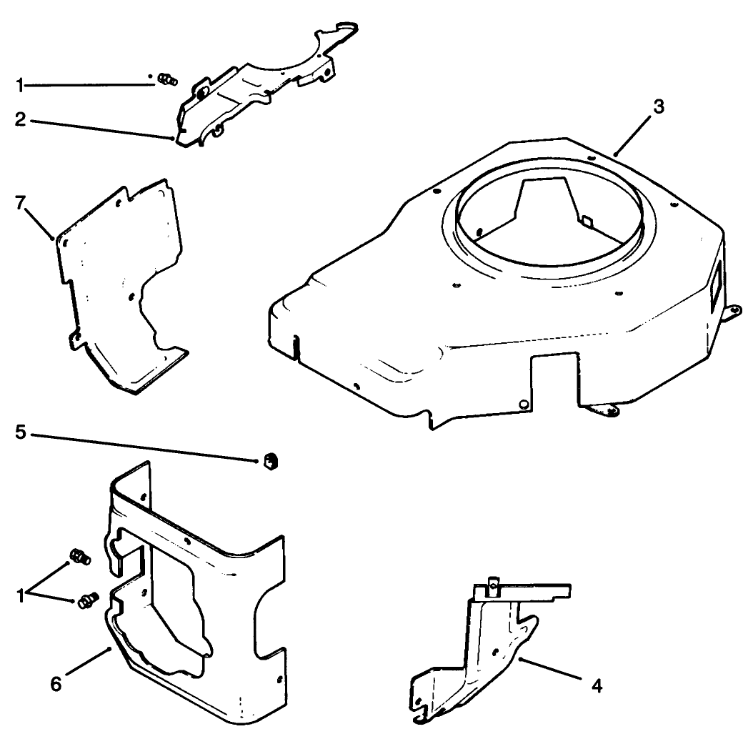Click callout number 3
pos(658,107)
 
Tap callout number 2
pos(21,119)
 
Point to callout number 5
pos(21,433)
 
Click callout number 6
pos(56,684)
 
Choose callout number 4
pos(597,687)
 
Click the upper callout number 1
pos(21,85)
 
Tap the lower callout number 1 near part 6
pos(21,593)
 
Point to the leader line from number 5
pos(143,446)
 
